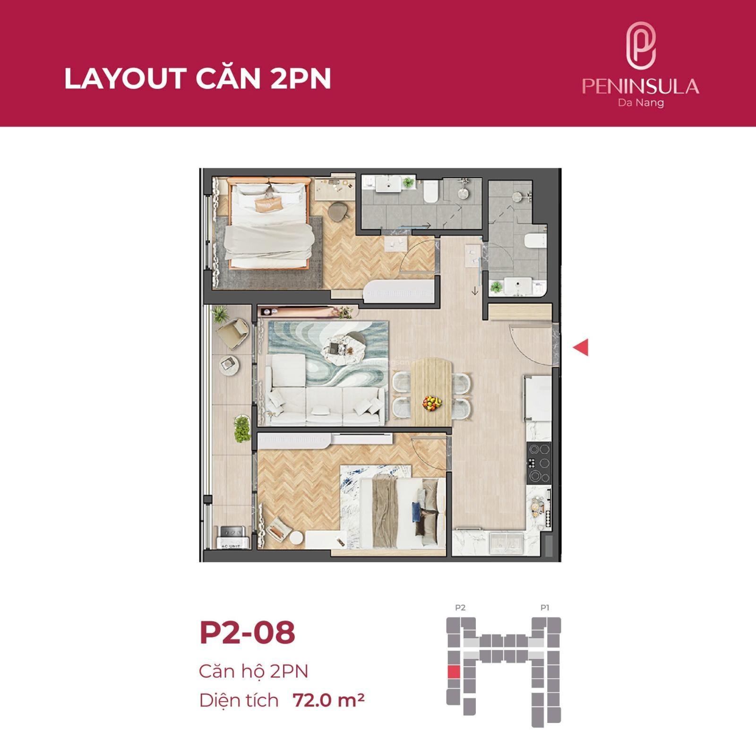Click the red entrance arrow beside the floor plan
581,348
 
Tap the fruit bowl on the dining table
432,403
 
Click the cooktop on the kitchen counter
539,463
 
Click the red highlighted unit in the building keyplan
453,671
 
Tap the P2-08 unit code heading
247,633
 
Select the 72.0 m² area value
328,700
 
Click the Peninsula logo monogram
641,46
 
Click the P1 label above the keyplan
545,608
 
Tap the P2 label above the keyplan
460,608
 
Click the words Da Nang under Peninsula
641,103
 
